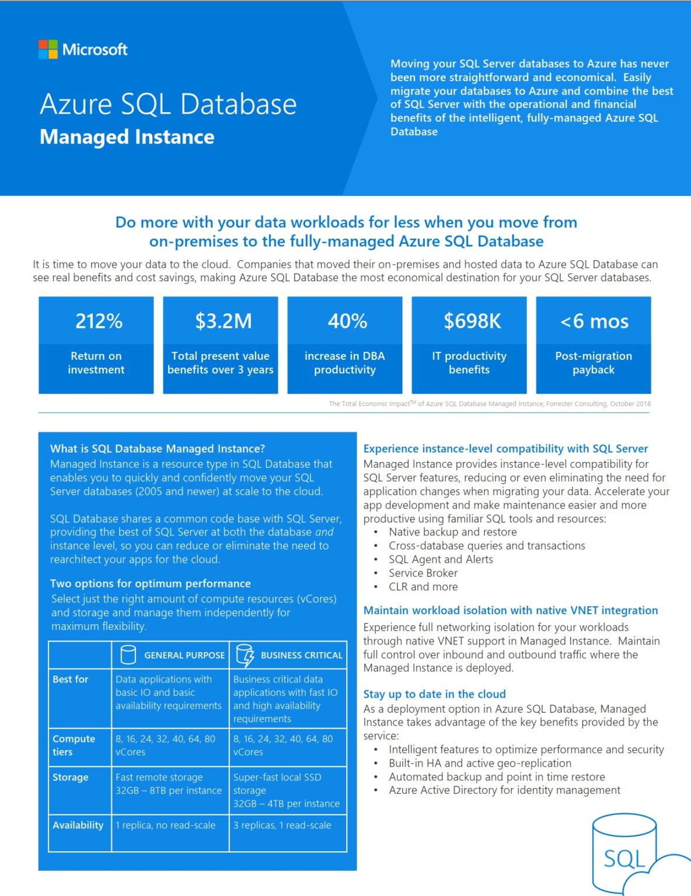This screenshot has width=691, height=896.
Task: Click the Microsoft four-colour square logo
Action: (x=48, y=50)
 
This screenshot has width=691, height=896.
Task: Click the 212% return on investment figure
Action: (x=99, y=321)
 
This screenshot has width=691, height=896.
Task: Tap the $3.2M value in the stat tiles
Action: (x=223, y=321)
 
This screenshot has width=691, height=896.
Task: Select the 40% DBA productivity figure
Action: (x=347, y=321)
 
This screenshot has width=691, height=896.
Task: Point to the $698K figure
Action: (x=472, y=321)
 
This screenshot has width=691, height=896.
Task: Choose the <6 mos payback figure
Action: (x=594, y=321)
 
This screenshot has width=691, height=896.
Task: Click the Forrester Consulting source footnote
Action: (x=489, y=404)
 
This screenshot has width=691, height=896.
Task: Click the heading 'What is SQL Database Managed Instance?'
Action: (x=158, y=449)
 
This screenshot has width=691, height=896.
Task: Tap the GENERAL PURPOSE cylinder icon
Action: (x=128, y=655)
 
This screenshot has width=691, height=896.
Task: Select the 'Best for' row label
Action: (x=71, y=679)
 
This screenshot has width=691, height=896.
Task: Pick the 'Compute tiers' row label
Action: (x=74, y=745)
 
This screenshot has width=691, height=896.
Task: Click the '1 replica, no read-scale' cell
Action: (x=165, y=825)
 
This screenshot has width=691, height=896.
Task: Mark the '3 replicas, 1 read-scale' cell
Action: (x=282, y=825)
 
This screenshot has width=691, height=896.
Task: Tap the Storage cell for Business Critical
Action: (x=286, y=790)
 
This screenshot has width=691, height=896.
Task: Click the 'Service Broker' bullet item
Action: (x=423, y=573)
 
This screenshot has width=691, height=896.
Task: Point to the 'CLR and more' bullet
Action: (x=423, y=587)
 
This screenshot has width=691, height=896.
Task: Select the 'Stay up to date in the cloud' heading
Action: (x=434, y=694)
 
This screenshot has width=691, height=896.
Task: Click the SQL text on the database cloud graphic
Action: (x=624, y=859)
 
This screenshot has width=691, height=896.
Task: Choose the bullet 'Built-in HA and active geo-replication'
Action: (x=480, y=763)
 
